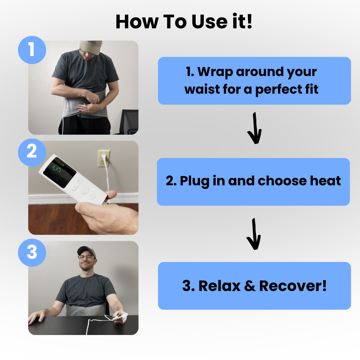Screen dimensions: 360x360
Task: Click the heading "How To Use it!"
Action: coord(184,22)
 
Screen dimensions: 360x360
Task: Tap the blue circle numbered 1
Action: coord(32,50)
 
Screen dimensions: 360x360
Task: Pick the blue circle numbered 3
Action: coord(32,252)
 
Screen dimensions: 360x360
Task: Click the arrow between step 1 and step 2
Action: coord(254,129)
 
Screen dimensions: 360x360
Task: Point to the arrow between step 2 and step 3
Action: coord(254,234)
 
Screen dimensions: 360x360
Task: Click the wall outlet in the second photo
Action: coord(104,158)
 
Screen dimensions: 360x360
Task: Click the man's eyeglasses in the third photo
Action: coord(86,257)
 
